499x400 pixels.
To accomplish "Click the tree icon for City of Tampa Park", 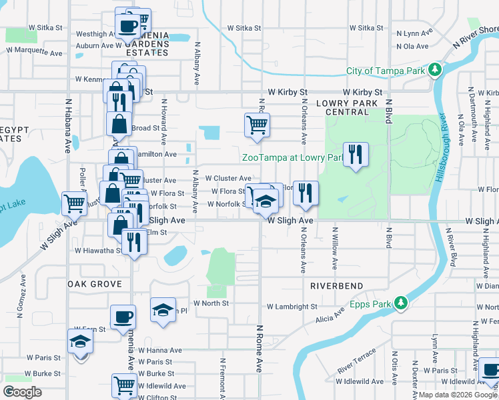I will pos(435,70).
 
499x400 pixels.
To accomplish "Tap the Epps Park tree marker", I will pos(400,303).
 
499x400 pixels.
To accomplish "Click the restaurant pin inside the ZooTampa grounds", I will pos(355,155).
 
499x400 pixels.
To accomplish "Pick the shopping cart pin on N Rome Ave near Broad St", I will pos(258,125).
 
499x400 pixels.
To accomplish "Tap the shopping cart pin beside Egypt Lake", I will pos(74,203).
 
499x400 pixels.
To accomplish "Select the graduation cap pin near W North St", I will pos(163,310).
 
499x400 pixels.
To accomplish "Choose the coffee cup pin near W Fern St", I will pos(122,317).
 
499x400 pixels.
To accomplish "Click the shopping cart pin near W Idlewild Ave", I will pos(124,385).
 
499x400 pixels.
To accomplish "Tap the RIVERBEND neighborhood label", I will pos(336,286).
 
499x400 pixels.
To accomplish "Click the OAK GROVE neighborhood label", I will pos(94,284).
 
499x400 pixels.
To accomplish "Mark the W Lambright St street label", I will pos(292,307).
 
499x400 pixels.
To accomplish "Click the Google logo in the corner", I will pos(22,392).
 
